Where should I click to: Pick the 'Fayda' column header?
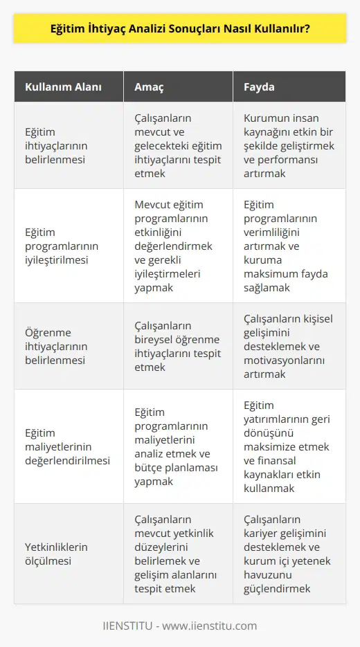(x=259, y=87)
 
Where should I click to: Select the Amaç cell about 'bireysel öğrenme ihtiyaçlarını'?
(x=177, y=347)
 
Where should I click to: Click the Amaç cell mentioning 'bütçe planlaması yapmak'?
(x=177, y=447)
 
